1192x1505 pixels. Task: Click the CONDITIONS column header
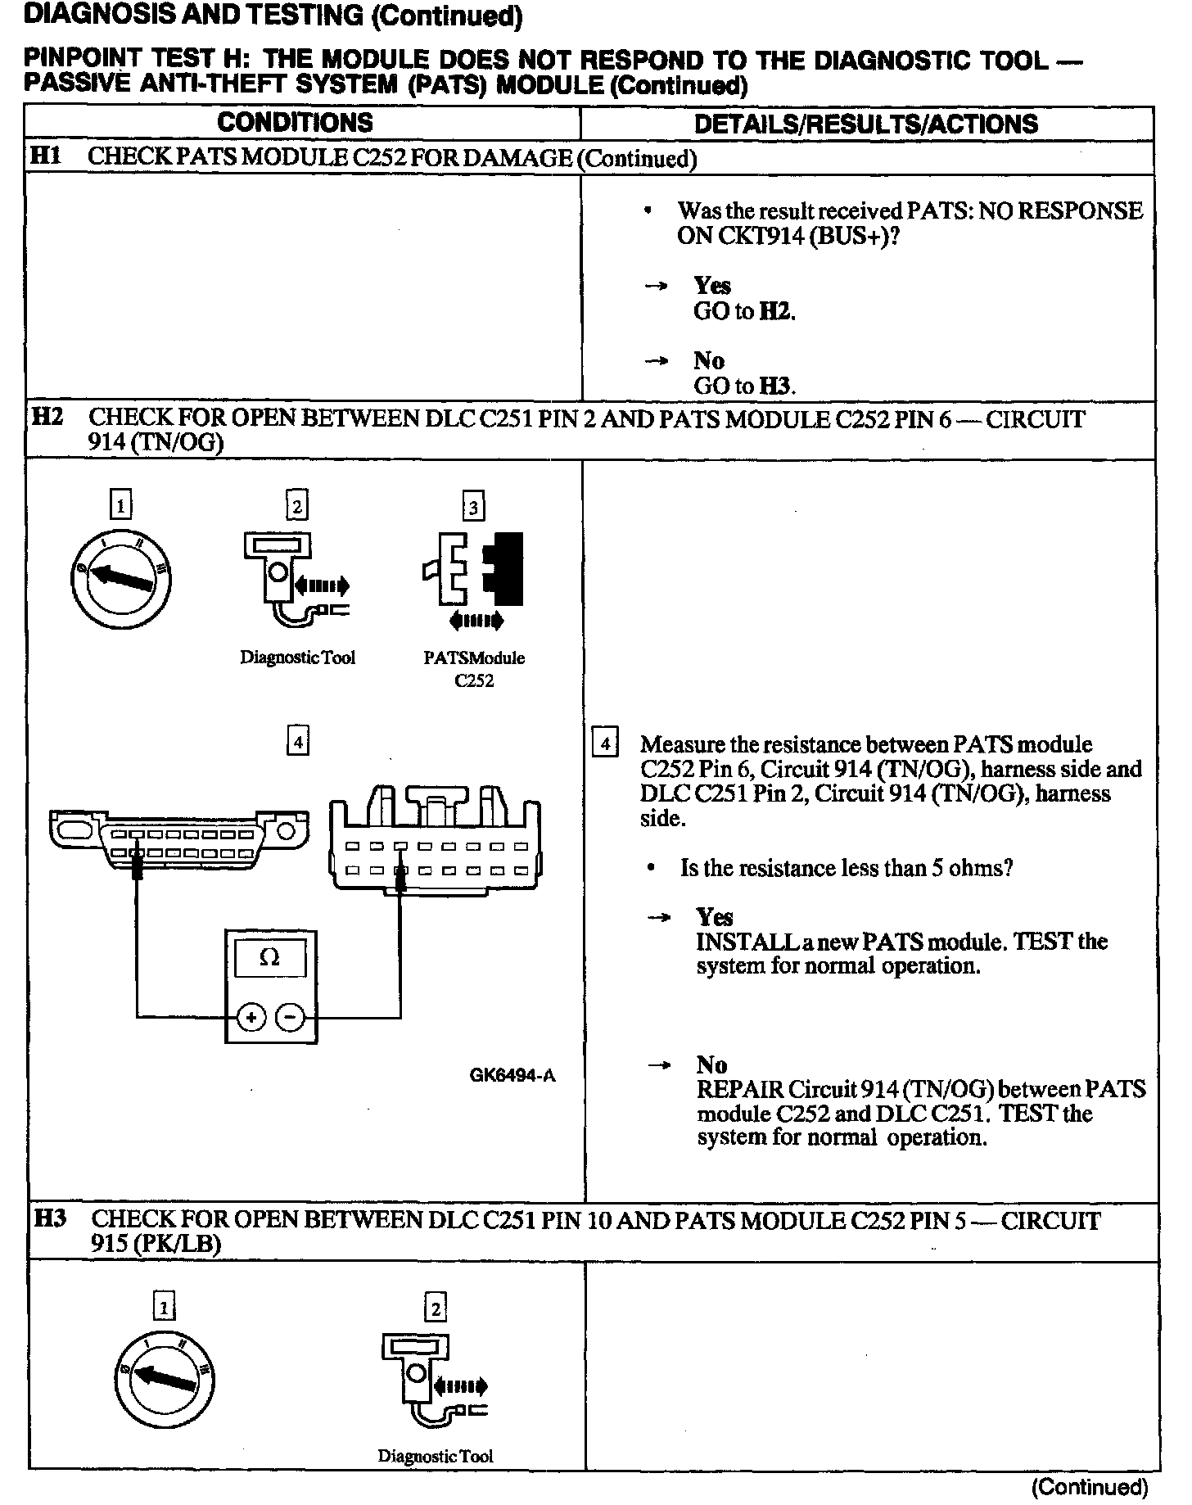295,123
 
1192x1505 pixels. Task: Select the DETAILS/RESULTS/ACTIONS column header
865,124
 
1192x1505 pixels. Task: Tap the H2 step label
47,417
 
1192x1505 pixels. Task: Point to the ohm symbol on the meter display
269,957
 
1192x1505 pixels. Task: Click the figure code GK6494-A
512,1075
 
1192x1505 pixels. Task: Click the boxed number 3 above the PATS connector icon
473,508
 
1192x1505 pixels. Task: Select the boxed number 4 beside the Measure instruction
604,743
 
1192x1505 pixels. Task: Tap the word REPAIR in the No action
739,1089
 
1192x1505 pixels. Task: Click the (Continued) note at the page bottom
1090,1487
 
